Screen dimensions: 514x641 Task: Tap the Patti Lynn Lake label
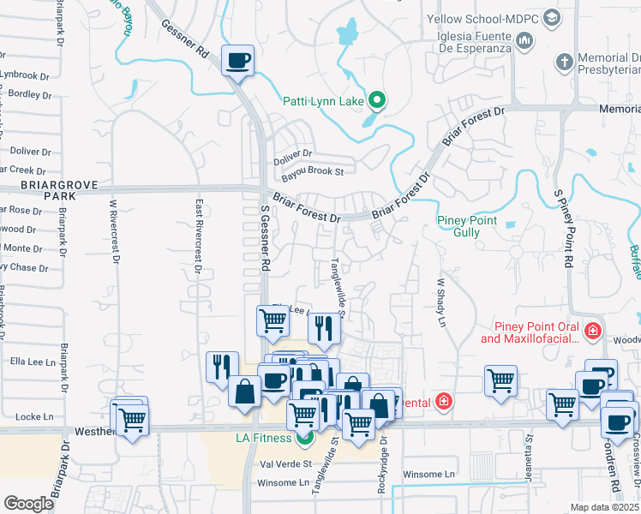[324, 102]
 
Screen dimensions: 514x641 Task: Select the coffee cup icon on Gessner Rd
[237, 61]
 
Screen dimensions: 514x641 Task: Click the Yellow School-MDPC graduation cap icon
[552, 17]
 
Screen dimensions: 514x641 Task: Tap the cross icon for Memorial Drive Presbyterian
[564, 62]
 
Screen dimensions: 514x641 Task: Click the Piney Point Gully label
[467, 226]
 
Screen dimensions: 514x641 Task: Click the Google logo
[28, 504]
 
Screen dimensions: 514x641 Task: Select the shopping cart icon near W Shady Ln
[500, 380]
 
